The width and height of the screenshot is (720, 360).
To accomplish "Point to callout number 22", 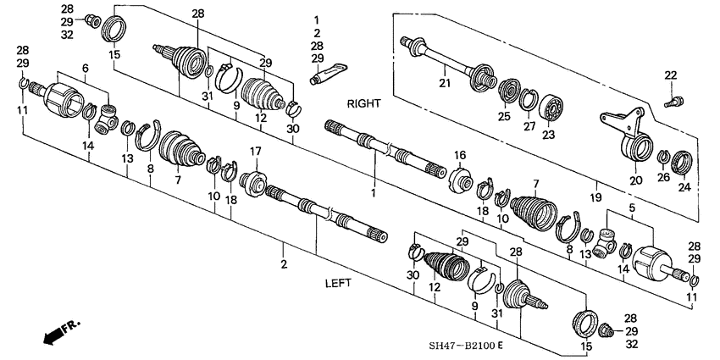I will (x=671, y=76).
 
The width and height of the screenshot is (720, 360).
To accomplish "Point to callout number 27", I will (x=530, y=126).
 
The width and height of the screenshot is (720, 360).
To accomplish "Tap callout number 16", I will (x=462, y=155).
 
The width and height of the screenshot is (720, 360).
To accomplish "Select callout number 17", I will (x=253, y=152).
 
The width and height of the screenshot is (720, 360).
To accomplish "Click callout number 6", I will (x=85, y=67).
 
